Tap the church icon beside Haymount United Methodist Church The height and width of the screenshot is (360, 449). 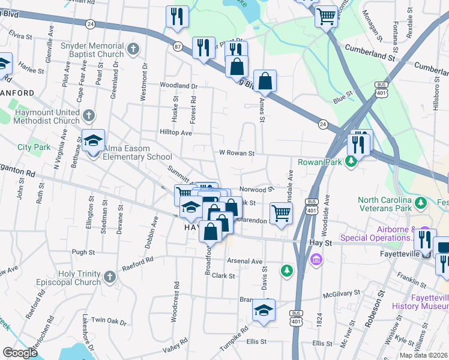coord(88,114)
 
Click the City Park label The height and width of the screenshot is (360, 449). coord(34,147)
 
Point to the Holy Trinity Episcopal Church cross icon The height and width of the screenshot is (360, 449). coord(109,277)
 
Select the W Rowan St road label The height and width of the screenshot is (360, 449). coord(237,154)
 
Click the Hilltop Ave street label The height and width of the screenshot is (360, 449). coord(175,132)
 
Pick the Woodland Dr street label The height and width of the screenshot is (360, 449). coord(178,86)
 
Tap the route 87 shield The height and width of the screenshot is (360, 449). coord(178,46)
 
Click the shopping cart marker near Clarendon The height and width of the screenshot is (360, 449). coord(281,213)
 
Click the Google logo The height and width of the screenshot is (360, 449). coord(20,353)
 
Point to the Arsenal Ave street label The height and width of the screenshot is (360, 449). coord(245,261)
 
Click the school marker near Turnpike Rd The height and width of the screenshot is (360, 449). coord(264,310)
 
